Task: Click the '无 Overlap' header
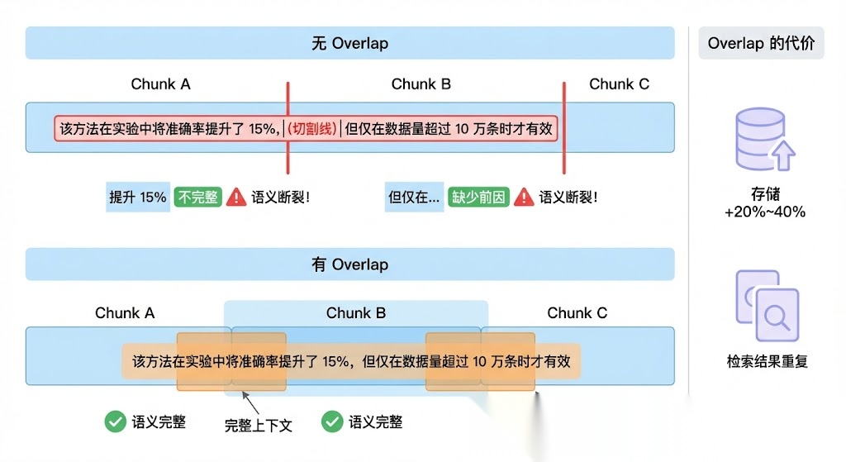(349, 43)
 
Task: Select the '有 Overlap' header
(349, 264)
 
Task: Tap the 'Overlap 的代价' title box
(761, 44)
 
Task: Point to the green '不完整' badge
(198, 198)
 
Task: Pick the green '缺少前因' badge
(478, 198)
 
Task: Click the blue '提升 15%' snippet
(138, 198)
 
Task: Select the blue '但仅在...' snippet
(414, 198)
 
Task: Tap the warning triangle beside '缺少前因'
(524, 198)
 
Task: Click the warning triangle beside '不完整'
(236, 198)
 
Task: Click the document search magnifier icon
(777, 314)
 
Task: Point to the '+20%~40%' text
(765, 212)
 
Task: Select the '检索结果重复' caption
(767, 361)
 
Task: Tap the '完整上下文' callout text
(259, 425)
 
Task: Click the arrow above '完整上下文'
(250, 403)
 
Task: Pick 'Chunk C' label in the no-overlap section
(619, 84)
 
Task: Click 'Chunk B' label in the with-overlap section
(356, 313)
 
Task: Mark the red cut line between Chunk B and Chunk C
(564, 127)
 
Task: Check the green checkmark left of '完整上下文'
(115, 422)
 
